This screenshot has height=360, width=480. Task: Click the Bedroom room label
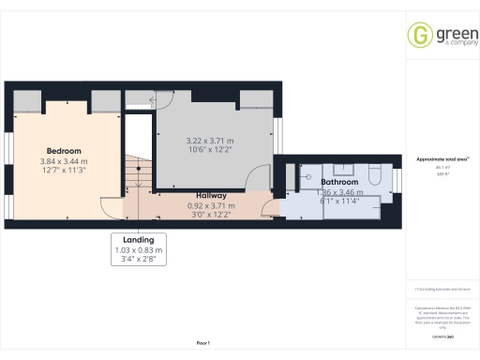pos(64,151)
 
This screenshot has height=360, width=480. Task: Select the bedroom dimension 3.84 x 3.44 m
pos(64,161)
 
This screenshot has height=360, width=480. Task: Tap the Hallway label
pos(210,196)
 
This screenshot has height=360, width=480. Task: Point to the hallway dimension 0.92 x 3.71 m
pos(210,205)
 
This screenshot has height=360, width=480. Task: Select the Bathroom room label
pos(339,182)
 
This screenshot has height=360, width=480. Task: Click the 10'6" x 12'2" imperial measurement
pos(213,150)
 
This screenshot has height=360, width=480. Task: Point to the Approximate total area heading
pos(442,158)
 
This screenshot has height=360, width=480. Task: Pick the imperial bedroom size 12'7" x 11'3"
pos(64,171)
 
